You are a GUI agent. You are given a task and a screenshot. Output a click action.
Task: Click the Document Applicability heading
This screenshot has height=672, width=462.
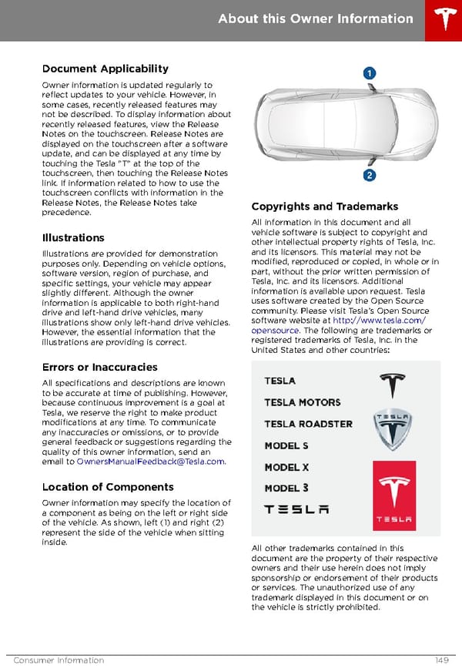(105, 69)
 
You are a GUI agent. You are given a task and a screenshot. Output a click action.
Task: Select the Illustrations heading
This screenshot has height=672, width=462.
(73, 237)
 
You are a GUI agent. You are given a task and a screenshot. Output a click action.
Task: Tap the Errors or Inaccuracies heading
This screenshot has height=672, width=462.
(100, 367)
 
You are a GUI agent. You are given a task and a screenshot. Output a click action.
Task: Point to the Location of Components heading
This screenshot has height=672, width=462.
(108, 487)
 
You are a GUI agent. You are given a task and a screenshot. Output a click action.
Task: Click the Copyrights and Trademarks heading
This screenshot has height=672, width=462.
(325, 207)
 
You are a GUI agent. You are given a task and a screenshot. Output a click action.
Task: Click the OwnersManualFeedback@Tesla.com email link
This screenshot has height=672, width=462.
(151, 462)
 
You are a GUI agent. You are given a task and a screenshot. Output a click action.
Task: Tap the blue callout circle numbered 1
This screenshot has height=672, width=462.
(370, 73)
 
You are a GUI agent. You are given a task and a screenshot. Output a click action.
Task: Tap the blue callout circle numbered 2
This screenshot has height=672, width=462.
(370, 176)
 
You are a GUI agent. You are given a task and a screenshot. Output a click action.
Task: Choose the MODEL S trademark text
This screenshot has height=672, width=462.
(286, 445)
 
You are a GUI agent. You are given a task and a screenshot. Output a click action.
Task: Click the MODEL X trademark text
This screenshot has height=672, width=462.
(286, 467)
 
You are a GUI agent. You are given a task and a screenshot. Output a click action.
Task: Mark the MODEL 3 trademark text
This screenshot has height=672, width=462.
(286, 488)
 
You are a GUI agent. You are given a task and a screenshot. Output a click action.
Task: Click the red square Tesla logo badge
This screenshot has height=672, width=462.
(393, 496)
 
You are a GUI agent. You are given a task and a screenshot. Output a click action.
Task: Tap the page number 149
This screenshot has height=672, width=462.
(443, 660)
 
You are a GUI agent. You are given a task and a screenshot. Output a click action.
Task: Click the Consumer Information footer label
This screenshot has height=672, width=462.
(59, 660)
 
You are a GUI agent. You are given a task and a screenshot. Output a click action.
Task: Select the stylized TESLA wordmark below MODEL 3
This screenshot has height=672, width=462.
(296, 509)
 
